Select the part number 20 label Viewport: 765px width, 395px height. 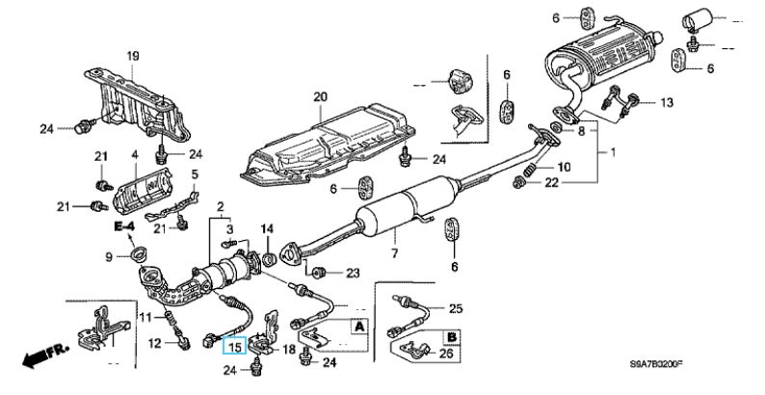pyautogui.click(x=320, y=95)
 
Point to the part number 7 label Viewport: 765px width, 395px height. pyautogui.click(x=393, y=253)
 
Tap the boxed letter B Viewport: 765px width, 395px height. pyautogui.click(x=449, y=336)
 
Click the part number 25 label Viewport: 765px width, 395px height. pyautogui.click(x=457, y=308)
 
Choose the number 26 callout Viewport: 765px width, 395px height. pyautogui.click(x=446, y=353)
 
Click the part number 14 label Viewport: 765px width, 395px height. pyautogui.click(x=268, y=228)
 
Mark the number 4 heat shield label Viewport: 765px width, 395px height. pyautogui.click(x=135, y=154)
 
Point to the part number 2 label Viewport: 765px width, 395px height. pyautogui.click(x=221, y=206)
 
